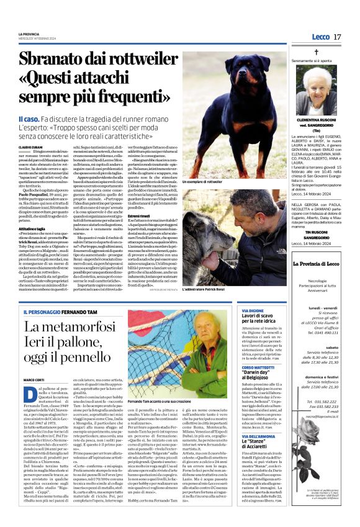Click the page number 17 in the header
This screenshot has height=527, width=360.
[x=337, y=37]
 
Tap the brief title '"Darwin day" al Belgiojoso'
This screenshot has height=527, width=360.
[x=261, y=371]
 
